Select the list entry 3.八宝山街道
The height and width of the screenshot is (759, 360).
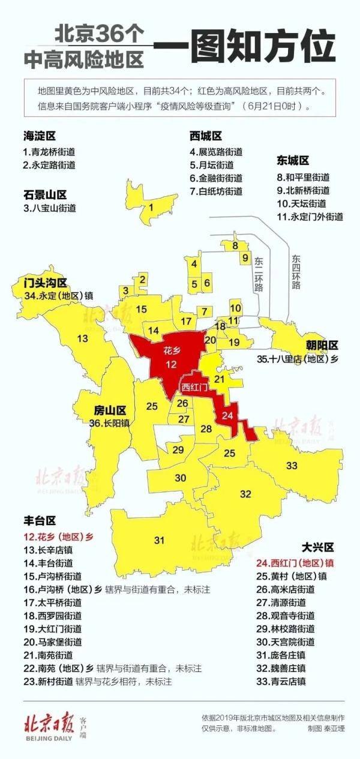(50, 208)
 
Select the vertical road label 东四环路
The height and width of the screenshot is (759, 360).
(296, 271)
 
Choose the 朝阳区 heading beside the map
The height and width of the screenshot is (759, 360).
(323, 345)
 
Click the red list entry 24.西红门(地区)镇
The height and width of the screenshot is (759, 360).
(294, 563)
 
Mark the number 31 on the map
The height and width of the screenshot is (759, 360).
(159, 541)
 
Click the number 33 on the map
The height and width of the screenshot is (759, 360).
(292, 466)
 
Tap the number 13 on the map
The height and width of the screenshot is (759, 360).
(83, 338)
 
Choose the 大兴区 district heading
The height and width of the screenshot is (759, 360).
(317, 548)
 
